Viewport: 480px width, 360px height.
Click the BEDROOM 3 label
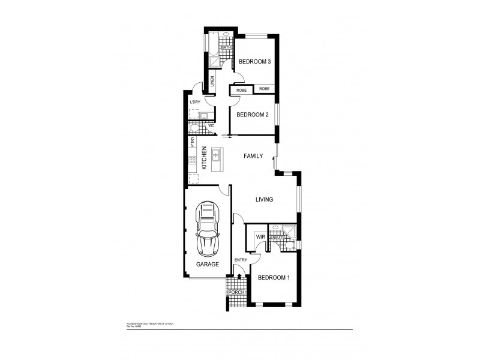255,62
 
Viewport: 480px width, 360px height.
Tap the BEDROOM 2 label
252,115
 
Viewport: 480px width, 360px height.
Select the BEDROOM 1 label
274,278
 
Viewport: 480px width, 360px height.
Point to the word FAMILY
253,156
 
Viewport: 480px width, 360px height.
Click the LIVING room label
264,200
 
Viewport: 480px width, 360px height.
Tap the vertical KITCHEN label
204,158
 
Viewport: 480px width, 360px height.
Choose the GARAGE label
207,264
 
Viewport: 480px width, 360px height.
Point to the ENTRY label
241,260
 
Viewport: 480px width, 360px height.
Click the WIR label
260,237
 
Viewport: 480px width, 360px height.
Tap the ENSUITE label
277,238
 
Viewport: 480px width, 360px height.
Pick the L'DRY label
194,103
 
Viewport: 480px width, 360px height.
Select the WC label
211,126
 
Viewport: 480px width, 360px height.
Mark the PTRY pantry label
192,142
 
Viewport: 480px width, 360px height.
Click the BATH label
227,47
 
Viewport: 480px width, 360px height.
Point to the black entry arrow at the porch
239,277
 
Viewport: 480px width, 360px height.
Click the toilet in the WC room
194,127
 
